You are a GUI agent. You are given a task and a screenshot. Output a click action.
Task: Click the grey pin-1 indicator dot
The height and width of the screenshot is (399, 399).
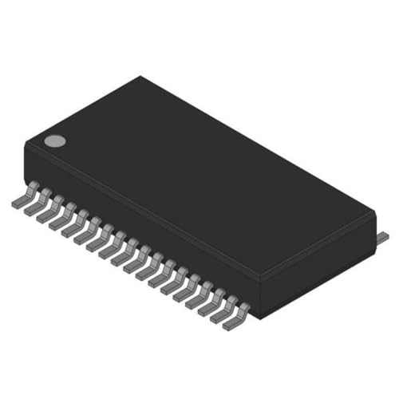coord(54,141)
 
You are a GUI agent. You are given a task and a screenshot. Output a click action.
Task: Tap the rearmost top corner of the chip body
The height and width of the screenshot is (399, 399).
coord(141,77)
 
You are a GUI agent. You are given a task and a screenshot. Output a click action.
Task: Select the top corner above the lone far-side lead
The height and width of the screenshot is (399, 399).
coord(373,211)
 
